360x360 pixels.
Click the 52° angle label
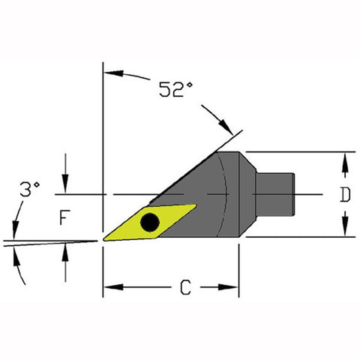pos(176,89)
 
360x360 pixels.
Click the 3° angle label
pos(30,189)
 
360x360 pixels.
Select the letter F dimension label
pos(64,217)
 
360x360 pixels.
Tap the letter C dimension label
pos(185,287)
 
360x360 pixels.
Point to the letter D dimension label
pos(345,195)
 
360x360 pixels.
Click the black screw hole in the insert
pos(150,222)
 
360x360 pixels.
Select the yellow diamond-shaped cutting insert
pos(149,223)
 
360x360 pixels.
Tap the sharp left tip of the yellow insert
pos(103,240)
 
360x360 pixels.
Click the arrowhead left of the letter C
pos(113,287)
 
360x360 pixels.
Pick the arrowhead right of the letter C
pos(228,287)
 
